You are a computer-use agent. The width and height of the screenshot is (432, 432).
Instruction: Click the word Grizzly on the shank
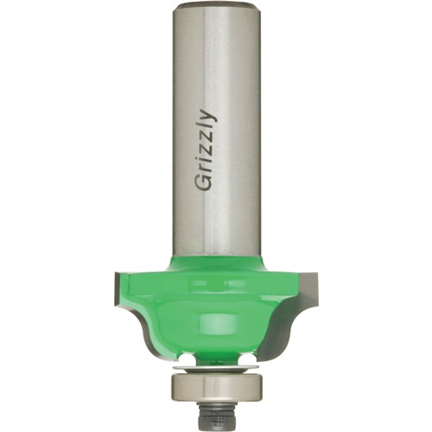tap(206, 150)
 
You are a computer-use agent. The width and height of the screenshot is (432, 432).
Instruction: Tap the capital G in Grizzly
tap(204, 183)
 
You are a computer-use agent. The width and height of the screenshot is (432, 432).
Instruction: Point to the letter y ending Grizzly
tap(206, 117)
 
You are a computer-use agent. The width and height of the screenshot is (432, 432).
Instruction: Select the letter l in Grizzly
tap(204, 129)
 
